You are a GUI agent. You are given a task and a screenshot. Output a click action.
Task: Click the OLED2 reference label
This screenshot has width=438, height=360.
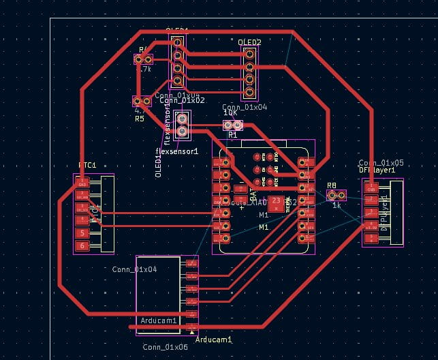[250, 43]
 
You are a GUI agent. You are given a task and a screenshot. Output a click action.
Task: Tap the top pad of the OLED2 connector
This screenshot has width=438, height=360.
[250, 55]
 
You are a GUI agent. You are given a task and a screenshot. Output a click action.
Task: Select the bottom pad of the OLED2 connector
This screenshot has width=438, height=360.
[250, 92]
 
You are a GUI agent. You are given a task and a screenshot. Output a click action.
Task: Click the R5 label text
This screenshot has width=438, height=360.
[140, 119]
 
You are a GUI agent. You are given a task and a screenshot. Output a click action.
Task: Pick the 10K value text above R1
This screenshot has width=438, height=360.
[230, 113]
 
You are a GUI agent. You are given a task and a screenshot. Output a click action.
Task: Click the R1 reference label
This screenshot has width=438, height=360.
[232, 135]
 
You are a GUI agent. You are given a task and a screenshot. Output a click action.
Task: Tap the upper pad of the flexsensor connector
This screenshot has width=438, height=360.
[183, 119]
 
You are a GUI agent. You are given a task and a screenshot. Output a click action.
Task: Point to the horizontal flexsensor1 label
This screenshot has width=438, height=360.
[176, 151]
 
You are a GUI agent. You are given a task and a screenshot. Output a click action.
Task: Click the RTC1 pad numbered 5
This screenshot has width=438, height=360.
[82, 233]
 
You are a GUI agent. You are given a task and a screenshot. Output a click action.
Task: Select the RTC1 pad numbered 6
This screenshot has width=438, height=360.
[82, 245]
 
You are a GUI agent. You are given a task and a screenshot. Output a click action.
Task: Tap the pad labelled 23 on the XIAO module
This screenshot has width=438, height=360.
[276, 201]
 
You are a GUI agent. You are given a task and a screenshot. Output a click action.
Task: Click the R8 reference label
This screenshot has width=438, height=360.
[332, 185]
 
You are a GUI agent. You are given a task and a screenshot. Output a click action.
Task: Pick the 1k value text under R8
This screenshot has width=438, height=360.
[337, 205]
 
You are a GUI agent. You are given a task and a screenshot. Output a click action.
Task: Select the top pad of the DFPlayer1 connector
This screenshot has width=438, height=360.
[371, 187]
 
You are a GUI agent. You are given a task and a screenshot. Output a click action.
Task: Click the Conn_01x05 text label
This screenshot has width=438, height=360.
[381, 163]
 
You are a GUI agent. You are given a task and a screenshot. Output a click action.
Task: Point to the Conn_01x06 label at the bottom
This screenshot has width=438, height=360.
[165, 347]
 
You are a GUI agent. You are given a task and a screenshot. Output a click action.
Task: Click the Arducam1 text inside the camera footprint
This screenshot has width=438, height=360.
[159, 320]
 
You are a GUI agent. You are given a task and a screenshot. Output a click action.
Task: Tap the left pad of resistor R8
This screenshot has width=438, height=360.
[332, 195]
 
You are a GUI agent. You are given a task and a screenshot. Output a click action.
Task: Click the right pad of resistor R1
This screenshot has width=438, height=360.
[238, 125]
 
